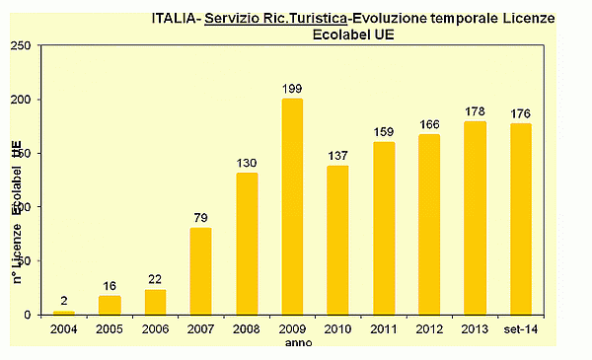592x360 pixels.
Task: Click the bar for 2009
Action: pos(292,207)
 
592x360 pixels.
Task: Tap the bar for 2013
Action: pos(475,218)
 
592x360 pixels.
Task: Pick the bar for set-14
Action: pos(521,219)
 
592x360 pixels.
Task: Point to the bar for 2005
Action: pos(110,305)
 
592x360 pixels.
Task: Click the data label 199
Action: pos(292,90)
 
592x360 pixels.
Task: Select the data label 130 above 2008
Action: pos(247,164)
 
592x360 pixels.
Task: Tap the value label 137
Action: pos(337,157)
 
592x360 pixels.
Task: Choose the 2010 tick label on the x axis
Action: pos(337,329)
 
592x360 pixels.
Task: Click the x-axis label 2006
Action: pos(155,329)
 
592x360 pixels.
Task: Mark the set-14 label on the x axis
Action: pos(521,329)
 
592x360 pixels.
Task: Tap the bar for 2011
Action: pos(384,228)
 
